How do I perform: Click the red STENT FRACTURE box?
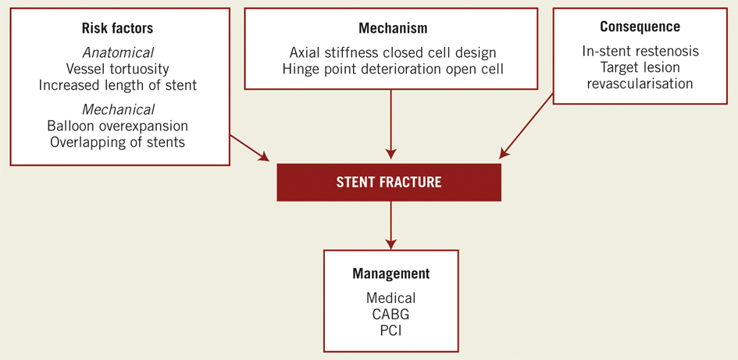pos(389,183)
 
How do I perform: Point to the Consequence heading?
pos(640,27)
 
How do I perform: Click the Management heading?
pos(390,274)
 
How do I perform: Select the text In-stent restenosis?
pos(640,52)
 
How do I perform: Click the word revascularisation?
pos(640,84)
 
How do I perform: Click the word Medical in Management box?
pos(390,298)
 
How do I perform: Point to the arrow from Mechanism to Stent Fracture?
pos(390,125)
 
